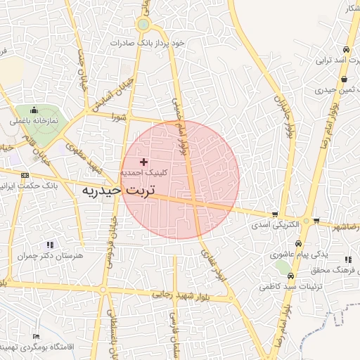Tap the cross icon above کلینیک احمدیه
[x=144, y=162]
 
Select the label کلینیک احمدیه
[x=144, y=172]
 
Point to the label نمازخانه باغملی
[x=33, y=121]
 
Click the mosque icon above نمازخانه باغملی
[x=33, y=110]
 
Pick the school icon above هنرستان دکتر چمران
[x=50, y=245]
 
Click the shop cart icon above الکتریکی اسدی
[x=274, y=215]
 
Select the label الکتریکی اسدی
[x=276, y=226]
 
